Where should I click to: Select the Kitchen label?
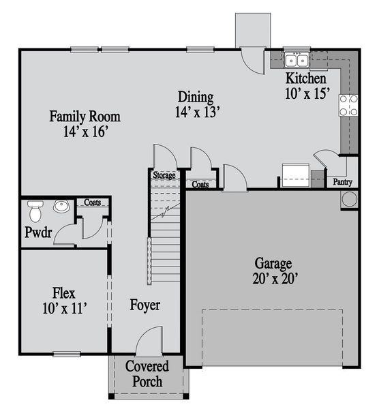click(x=305, y=78)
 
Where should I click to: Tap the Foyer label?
click(x=145, y=305)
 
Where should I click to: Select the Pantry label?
click(x=342, y=183)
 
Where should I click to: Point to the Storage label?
click(x=164, y=176)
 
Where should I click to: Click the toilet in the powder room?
click(x=35, y=205)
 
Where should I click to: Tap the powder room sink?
click(x=62, y=206)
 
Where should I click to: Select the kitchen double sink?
click(x=297, y=61)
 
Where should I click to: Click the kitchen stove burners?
click(x=348, y=104)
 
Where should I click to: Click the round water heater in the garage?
click(x=349, y=200)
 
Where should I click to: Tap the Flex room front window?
click(x=67, y=353)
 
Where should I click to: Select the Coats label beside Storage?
click(x=200, y=184)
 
